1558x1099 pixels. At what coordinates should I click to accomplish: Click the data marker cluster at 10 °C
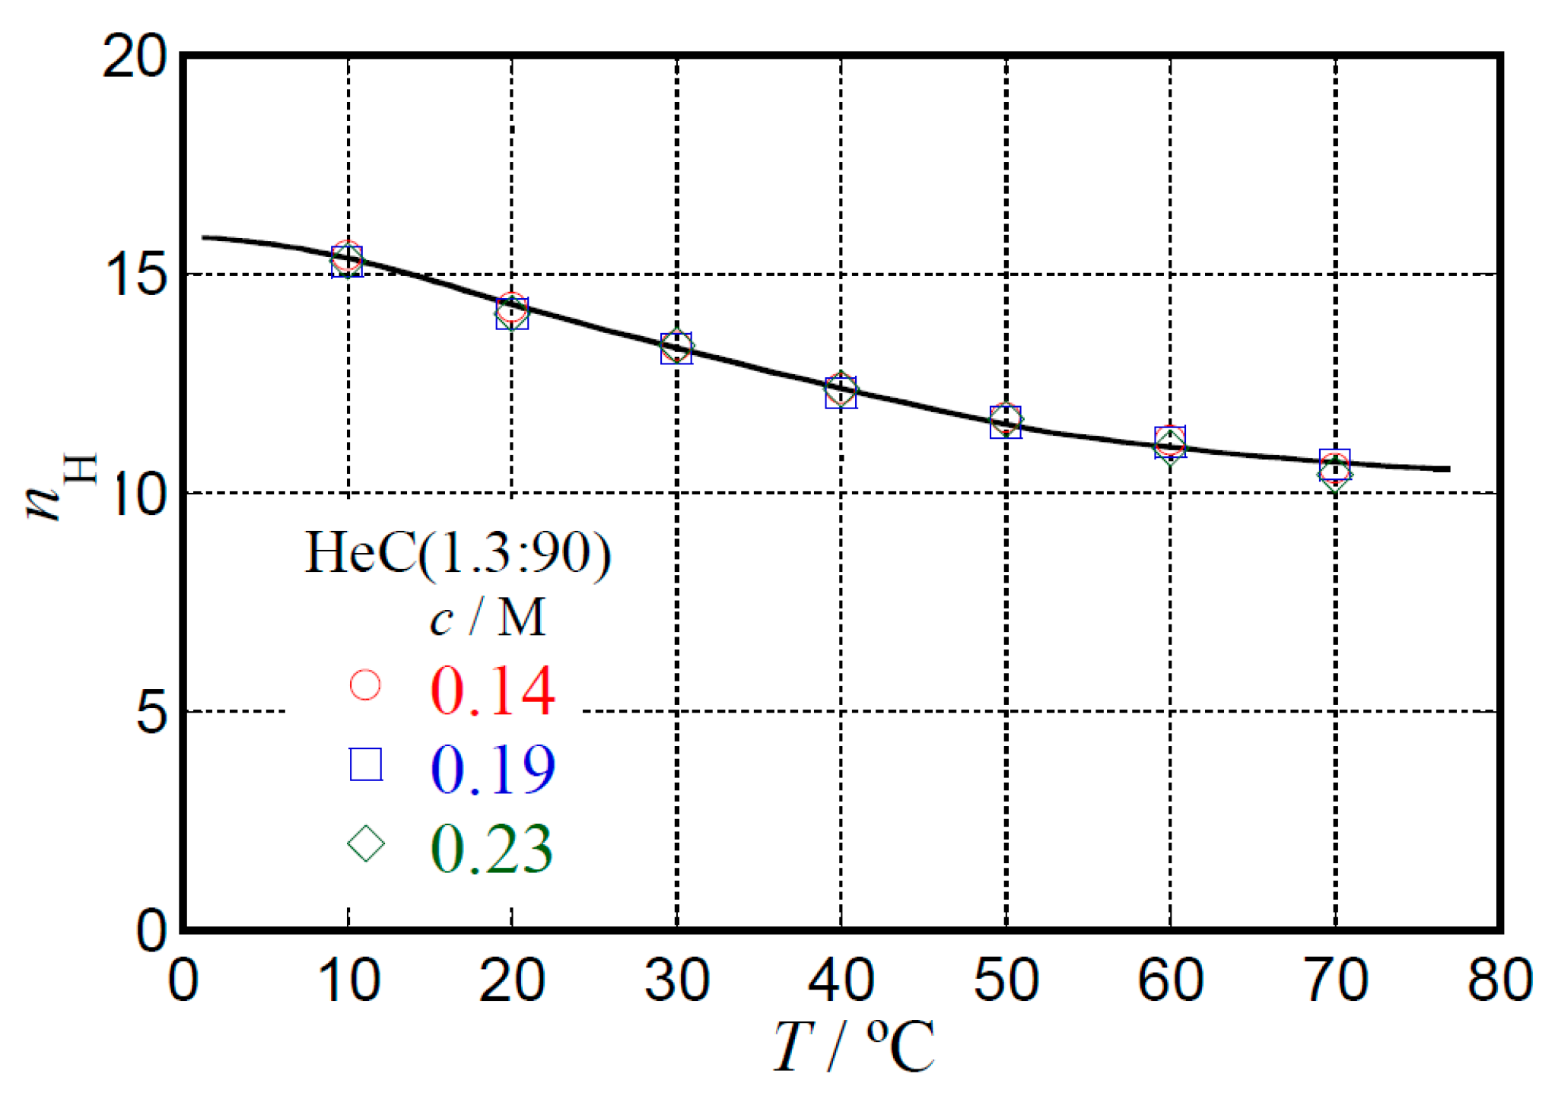pyautogui.click(x=347, y=260)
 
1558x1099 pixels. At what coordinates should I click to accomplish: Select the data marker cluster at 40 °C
pyautogui.click(x=841, y=391)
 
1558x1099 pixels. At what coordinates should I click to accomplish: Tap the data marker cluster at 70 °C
pyautogui.click(x=1334, y=469)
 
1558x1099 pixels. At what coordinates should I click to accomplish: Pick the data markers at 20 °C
pyautogui.click(x=511, y=311)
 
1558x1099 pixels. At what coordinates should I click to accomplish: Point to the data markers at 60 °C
pyautogui.click(x=1170, y=443)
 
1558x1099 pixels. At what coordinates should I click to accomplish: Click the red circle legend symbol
pyautogui.click(x=365, y=684)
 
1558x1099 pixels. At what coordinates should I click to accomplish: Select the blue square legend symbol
pyautogui.click(x=365, y=764)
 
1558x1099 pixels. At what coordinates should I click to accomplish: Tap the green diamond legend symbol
pyautogui.click(x=365, y=843)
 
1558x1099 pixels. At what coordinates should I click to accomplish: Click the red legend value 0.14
pyautogui.click(x=493, y=691)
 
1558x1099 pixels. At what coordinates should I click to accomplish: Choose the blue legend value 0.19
pyautogui.click(x=493, y=770)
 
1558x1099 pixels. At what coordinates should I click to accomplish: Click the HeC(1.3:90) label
pyautogui.click(x=458, y=553)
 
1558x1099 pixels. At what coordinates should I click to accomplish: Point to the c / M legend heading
pyautogui.click(x=487, y=618)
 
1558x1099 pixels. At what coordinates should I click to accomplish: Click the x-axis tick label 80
pyautogui.click(x=1499, y=980)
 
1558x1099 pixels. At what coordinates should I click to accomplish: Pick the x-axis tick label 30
pyautogui.click(x=676, y=980)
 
